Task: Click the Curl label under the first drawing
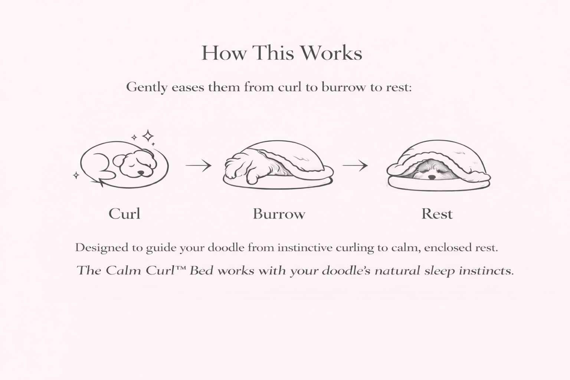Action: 124,213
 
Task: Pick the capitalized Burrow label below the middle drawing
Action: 279,214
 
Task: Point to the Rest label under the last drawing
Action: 437,214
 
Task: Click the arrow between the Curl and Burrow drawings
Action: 199,166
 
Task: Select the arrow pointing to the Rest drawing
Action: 355,166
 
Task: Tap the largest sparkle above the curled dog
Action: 148,136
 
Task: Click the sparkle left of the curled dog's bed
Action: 76,175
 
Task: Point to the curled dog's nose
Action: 141,173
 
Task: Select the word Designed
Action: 102,248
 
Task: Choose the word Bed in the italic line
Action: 201,270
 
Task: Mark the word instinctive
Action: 305,248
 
